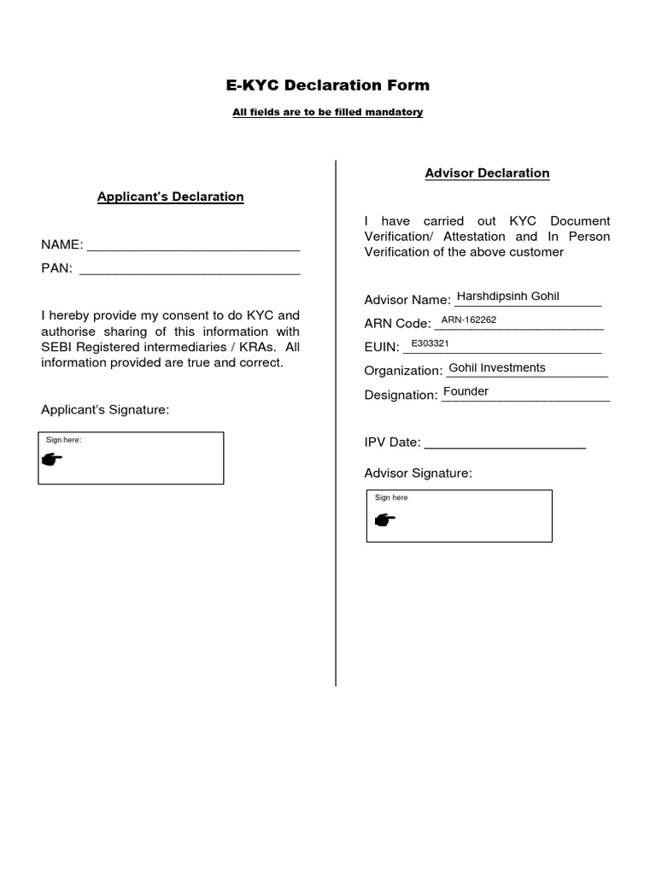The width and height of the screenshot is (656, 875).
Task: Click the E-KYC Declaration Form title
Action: coord(328,85)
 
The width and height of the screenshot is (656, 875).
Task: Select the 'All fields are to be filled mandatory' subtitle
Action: coord(328,113)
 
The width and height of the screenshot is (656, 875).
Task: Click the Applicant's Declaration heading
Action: coord(171,197)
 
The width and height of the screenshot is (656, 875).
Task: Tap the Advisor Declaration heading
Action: coord(487,173)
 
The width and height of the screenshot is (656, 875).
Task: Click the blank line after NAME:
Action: coord(194,247)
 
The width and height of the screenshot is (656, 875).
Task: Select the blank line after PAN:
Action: coord(189,270)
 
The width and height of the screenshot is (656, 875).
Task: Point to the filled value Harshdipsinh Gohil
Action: coord(507,297)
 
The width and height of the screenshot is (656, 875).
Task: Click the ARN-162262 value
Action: coord(468,320)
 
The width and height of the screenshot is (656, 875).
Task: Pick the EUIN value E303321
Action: coord(430,344)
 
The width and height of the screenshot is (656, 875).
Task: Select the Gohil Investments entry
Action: coord(496,368)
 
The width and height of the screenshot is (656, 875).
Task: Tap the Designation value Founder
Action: coord(466,392)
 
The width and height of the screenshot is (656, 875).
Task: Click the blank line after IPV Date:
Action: coord(505,444)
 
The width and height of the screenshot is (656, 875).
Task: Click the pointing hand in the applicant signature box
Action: coord(52,460)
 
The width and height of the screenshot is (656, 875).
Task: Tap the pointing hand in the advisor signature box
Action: coord(384,519)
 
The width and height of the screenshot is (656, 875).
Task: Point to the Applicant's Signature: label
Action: coord(105,410)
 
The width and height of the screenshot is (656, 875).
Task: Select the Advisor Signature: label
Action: coord(418,473)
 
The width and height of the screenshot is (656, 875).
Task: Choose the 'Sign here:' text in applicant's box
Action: coord(63,440)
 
